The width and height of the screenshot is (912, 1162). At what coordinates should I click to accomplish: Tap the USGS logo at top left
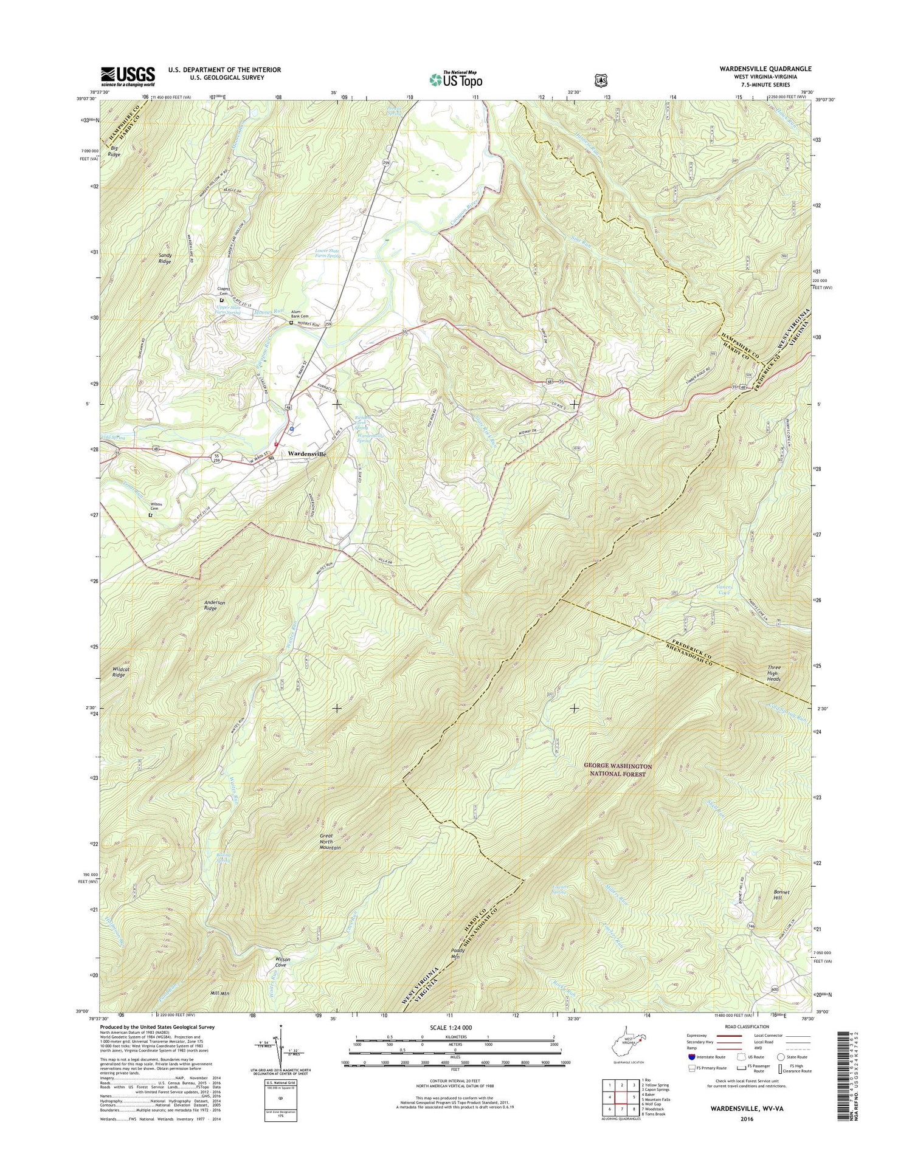pos(128,77)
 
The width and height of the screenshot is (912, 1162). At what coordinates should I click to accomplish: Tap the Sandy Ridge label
pos(165,258)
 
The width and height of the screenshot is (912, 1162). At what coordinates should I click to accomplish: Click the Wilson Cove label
pos(280,962)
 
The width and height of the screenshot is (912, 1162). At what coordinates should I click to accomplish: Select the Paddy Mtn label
pos(458,952)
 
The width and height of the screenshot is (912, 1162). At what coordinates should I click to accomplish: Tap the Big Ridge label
pos(114,151)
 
